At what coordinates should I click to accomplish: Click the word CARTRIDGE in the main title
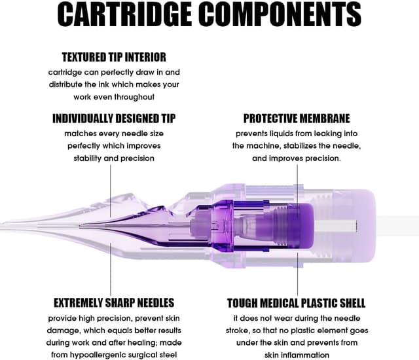[124, 14]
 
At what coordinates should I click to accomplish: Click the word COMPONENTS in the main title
[280, 14]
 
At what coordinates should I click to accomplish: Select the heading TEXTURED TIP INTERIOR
[114, 57]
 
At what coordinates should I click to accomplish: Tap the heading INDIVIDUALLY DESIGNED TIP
[114, 118]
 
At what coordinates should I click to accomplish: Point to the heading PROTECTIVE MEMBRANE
[297, 118]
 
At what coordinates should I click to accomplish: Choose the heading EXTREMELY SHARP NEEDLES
[114, 303]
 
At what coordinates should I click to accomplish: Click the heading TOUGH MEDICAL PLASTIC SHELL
[296, 303]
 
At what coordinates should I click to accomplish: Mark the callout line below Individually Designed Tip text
[111, 191]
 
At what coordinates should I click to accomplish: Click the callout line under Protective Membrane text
[297, 190]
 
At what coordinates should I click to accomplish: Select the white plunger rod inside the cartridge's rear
[335, 226]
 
